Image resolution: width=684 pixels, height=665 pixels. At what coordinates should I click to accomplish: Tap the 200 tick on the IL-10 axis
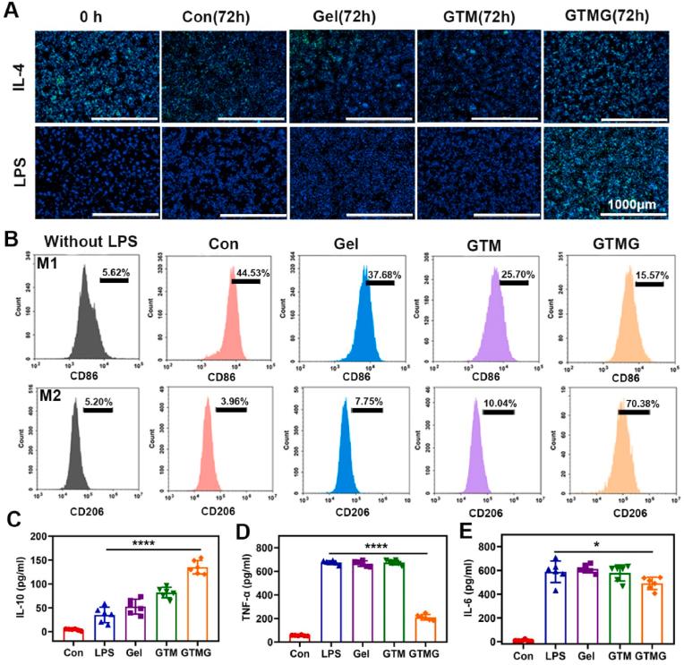38,535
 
